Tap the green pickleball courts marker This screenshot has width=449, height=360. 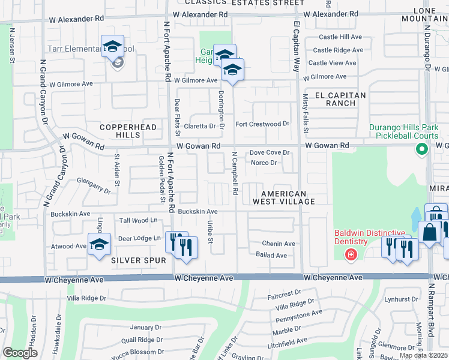pos(423,151)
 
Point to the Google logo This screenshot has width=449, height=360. pos(20,353)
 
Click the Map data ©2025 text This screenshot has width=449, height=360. pos(423,355)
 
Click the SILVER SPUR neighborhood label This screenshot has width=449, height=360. pos(133,260)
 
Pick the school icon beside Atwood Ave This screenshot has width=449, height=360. pos(99,244)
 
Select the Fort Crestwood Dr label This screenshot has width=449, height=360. pos(262,124)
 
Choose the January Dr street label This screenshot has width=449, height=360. pos(142,327)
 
